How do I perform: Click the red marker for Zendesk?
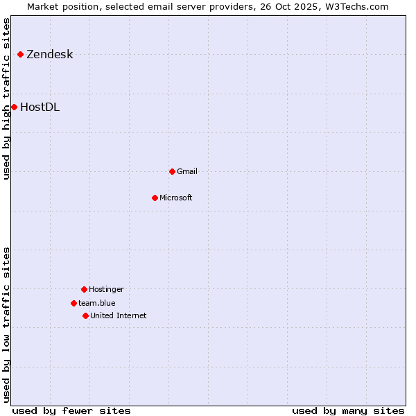21,54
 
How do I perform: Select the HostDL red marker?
14,107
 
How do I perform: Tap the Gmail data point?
172,171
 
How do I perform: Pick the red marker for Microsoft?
155,198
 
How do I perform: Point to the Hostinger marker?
84,289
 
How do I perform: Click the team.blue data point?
73,303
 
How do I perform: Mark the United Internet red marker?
85,315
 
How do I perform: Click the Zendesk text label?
49,55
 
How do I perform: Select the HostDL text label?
40,107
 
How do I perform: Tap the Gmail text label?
187,171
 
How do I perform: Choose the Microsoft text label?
176,198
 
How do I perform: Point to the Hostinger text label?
106,289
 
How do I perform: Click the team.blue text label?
97,303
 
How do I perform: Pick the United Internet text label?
119,315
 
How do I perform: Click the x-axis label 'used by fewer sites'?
71,410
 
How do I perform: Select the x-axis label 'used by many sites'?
348,410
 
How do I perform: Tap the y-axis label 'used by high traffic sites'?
6,98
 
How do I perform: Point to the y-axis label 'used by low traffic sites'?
6,324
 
